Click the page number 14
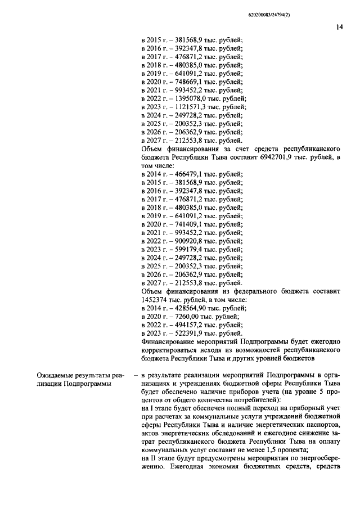[x=340, y=25]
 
